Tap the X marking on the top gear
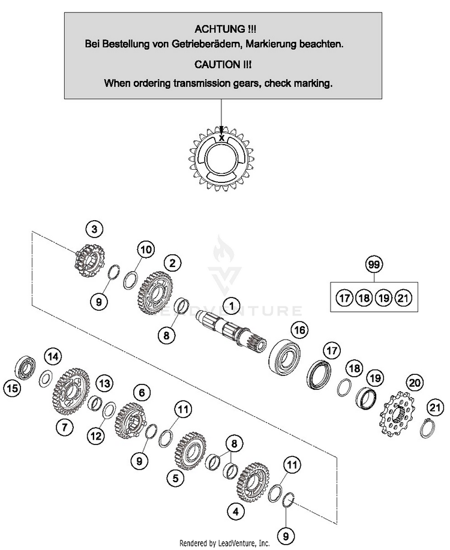[x=221, y=138]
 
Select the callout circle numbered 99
[x=374, y=264]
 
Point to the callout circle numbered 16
[x=299, y=330]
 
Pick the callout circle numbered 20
[x=415, y=382]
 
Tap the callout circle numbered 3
[x=94, y=230]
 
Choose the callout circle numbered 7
[x=64, y=427]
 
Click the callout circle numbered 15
[x=12, y=388]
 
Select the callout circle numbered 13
[x=104, y=383]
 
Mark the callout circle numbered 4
[x=236, y=512]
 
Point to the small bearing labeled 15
[x=26, y=367]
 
